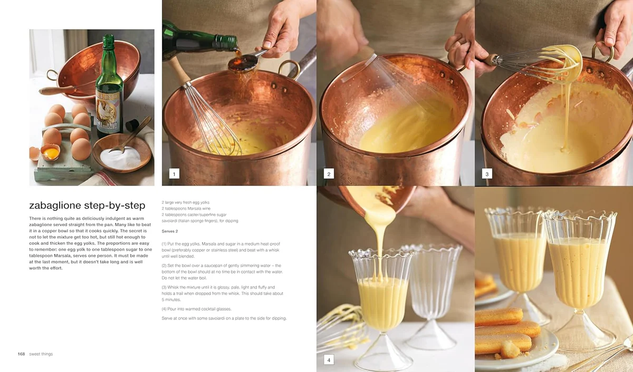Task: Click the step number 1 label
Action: coord(174,173)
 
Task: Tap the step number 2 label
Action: coord(329,173)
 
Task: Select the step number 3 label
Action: coord(487,173)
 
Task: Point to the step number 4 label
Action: coord(329,359)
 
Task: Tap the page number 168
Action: coord(21,354)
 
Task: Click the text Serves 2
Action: coord(170,231)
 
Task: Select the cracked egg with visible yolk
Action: coord(51,152)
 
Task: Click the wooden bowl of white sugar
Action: coord(122,153)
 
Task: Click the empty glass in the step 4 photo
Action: coord(433,296)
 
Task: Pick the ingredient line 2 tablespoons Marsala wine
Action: coord(186,208)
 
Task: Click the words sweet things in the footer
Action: coord(41,354)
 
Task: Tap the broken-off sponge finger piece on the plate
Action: coord(511,349)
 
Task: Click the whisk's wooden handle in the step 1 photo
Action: coord(179,70)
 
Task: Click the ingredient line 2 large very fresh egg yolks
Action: coord(185,202)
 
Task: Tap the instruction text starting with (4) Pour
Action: coord(196,309)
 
